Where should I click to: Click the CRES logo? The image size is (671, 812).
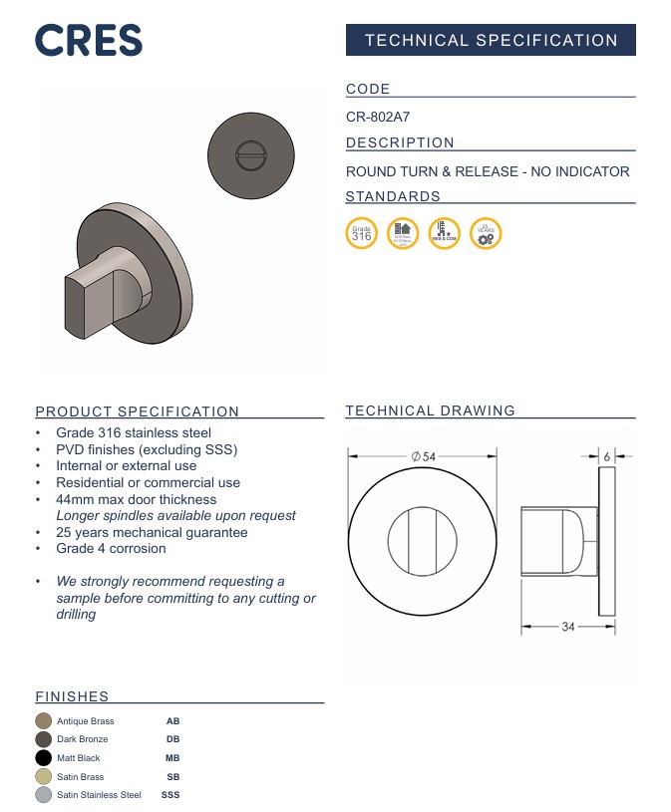pos(89,41)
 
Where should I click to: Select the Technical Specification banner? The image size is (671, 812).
pos(491,41)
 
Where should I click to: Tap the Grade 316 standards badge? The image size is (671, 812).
pos(362,233)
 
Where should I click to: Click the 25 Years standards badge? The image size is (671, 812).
pos(486,233)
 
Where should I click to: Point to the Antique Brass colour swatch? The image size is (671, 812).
pos(43,720)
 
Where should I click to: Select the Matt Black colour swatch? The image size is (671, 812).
pos(43,758)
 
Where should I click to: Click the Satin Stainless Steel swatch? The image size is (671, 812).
pos(43,795)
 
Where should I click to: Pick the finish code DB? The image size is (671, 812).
pos(172,739)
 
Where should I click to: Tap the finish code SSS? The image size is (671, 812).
pos(170,795)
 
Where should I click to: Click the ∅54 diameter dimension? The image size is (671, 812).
pos(424,456)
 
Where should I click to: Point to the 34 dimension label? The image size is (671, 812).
pos(568,627)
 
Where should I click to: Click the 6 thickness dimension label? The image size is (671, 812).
pos(607,456)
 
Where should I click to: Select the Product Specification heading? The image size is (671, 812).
pos(138,411)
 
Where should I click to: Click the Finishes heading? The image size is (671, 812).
pos(72,696)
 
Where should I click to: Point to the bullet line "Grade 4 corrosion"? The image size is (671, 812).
pos(111,548)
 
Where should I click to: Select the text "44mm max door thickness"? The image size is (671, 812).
pos(136,499)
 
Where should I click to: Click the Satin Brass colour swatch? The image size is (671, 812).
pos(43,776)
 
